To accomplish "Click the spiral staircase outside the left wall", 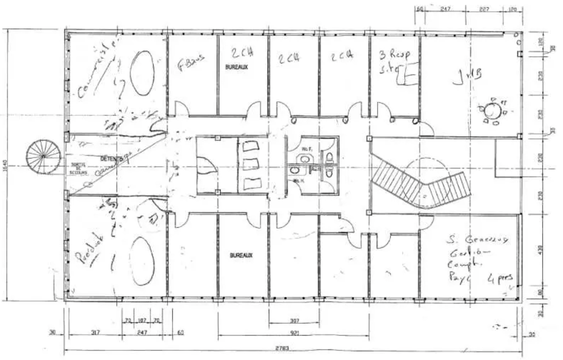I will click(x=42, y=156).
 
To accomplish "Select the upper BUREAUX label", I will click(x=236, y=67).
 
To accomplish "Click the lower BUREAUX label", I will click(x=241, y=255).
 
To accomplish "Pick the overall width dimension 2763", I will click(x=282, y=347).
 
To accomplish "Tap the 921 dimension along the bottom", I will click(x=294, y=333).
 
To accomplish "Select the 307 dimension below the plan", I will click(x=294, y=321).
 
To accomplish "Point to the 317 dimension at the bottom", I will click(x=95, y=333).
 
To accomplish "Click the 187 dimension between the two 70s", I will click(x=142, y=320).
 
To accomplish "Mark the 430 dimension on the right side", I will click(x=540, y=250).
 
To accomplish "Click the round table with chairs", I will click(x=493, y=111).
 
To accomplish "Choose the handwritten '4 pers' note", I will click(x=500, y=278).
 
